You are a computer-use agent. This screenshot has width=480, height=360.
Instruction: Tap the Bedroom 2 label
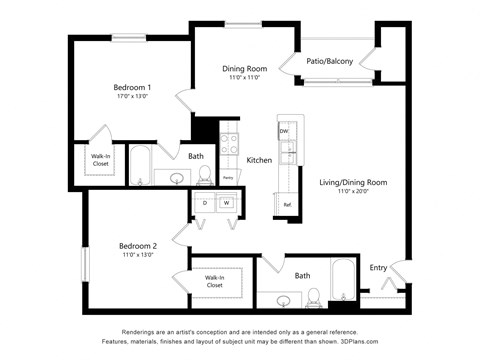pyautogui.click(x=138, y=245)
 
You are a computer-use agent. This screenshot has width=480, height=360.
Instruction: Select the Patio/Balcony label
pyautogui.click(x=329, y=60)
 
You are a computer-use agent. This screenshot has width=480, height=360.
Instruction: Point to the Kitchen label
pyautogui.click(x=260, y=160)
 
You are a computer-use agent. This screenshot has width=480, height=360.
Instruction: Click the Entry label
pyautogui.click(x=378, y=267)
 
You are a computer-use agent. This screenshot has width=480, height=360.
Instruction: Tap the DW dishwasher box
pyautogui.click(x=284, y=131)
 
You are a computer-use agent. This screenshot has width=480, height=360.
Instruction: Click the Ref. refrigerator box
pyautogui.click(x=287, y=205)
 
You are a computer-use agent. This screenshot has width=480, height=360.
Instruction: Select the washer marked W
pyautogui.click(x=226, y=203)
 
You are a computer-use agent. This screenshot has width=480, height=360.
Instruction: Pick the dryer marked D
pyautogui.click(x=204, y=203)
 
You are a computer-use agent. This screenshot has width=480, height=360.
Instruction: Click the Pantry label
pyautogui.click(x=228, y=178)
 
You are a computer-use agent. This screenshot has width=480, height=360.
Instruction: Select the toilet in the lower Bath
pyautogui.click(x=313, y=297)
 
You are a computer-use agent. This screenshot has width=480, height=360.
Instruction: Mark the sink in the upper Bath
pyautogui.click(x=177, y=178)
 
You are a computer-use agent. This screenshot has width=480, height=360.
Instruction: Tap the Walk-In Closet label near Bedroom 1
pyautogui.click(x=101, y=160)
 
